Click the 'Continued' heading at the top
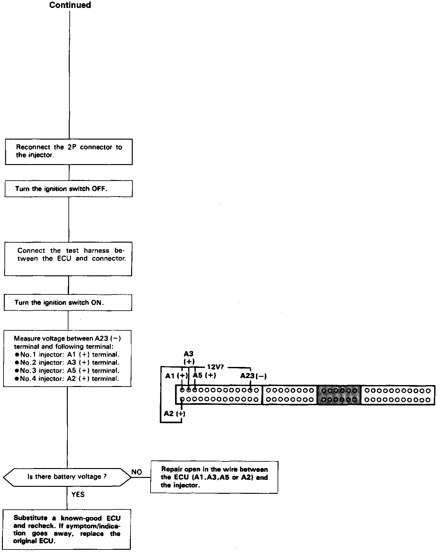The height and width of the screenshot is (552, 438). click(70, 5)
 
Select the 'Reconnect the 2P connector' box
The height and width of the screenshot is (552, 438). click(69, 151)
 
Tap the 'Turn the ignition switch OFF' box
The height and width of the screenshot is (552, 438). click(68, 189)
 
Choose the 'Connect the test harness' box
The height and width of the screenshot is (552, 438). click(68, 259)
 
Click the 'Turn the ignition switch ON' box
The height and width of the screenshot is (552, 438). click(68, 303)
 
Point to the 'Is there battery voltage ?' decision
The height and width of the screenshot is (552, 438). click(67, 477)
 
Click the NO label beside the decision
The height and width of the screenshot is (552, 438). click(137, 472)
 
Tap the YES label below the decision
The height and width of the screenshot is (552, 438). click(78, 494)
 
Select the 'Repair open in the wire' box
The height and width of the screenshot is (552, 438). click(214, 477)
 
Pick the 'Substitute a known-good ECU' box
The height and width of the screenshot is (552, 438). click(67, 529)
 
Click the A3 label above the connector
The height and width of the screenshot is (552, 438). click(189, 354)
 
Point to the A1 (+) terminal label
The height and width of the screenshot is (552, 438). click(176, 376)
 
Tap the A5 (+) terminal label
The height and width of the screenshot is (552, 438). click(204, 376)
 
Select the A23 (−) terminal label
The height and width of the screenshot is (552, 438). click(253, 376)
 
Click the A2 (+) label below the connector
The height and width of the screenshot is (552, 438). click(174, 414)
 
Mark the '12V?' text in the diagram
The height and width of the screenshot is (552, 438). click(215, 367)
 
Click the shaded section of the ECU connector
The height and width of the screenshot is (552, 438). click(339, 395)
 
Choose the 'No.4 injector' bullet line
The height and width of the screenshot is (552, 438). click(67, 379)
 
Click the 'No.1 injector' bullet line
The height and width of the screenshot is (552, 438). click(67, 355)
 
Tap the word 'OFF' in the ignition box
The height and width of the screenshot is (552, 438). click(99, 189)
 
